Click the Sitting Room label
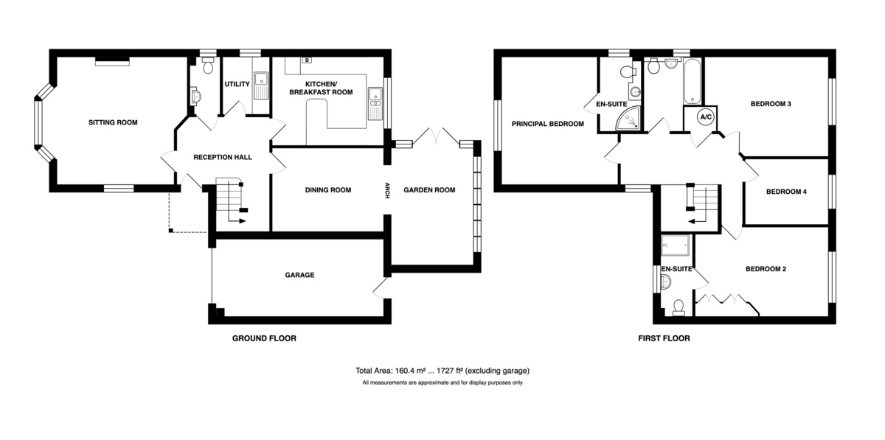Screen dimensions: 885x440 coord(113,122)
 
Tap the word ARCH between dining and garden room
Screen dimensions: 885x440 coord(387,190)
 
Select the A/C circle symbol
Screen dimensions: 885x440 coord(706,117)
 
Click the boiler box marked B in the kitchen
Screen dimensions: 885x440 coord(307,60)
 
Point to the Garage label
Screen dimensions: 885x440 coord(299,275)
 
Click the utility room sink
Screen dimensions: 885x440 coord(261,85)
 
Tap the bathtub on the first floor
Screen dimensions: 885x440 coord(693,81)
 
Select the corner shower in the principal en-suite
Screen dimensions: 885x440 coord(628,119)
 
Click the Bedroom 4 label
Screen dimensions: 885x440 coord(786,192)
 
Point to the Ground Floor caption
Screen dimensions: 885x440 coord(264,338)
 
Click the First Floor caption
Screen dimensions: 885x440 coord(664,338)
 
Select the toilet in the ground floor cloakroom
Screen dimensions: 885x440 coord(208,66)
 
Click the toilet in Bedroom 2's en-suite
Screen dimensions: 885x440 coord(678,307)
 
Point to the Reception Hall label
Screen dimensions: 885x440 coord(223,157)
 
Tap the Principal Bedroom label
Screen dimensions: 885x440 coord(547,124)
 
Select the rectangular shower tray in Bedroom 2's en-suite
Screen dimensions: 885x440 coord(676,245)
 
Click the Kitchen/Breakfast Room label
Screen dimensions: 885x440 coord(321,88)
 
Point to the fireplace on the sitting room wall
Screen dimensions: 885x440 coord(112,61)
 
